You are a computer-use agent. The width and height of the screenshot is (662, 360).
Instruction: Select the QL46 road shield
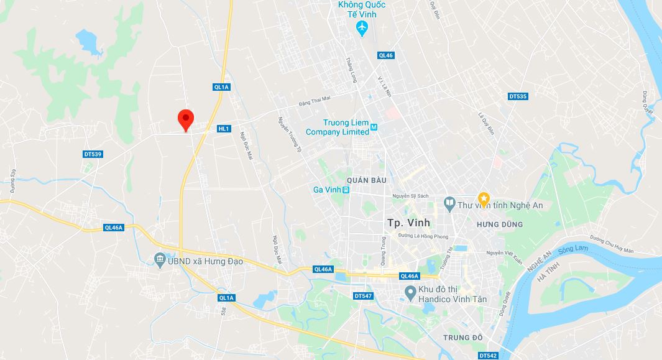coord(385,55)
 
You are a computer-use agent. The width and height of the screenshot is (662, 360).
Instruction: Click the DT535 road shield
coord(518,96)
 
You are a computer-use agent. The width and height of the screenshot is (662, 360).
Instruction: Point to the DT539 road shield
coord(92,154)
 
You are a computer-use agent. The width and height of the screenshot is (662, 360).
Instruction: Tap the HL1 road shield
coord(224,129)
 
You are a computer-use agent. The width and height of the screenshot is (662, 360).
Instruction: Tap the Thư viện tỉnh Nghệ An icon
coord(449,203)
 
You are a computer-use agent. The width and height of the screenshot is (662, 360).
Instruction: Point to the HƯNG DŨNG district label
coord(499,224)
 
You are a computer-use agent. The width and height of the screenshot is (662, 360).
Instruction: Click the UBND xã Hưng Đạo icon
coord(159,259)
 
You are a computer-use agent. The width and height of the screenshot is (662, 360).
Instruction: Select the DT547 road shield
coord(362,296)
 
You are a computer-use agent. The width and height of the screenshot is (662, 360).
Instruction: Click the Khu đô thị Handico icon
coord(410,292)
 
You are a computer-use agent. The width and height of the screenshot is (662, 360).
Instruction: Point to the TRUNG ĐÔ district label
coord(463,337)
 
